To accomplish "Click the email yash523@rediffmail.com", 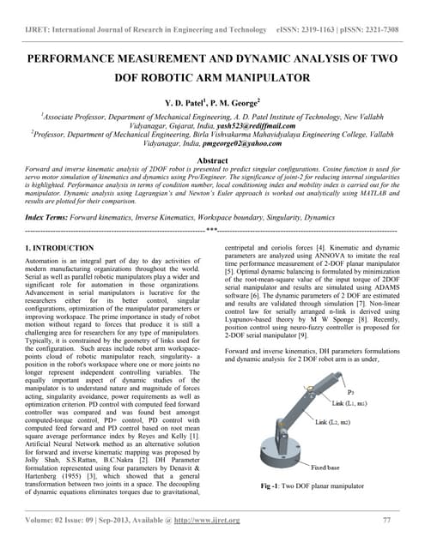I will click(250, 124).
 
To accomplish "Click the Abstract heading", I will click(212, 160).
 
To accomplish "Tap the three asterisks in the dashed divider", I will click(211, 232).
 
